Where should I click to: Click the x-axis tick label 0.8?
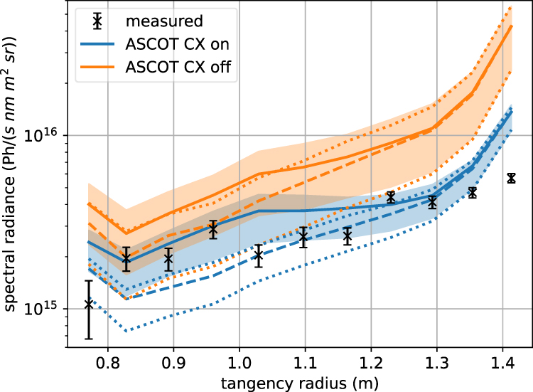(x=107, y=361)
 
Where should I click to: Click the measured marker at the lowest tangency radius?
(x=89, y=304)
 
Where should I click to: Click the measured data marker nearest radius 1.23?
(x=390, y=197)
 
